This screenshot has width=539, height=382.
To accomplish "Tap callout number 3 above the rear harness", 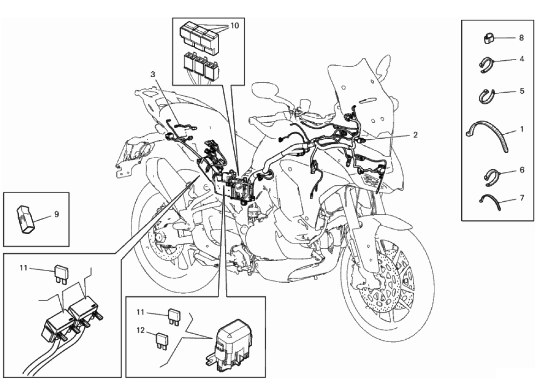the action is click(x=153, y=74).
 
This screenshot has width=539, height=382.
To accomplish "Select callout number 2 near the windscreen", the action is click(x=415, y=135).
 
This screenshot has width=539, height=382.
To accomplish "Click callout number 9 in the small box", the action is click(x=56, y=215).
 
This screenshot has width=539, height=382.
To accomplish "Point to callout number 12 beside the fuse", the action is click(x=141, y=331).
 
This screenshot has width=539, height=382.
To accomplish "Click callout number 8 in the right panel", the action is click(x=521, y=38).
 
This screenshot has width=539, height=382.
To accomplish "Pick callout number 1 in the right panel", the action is click(x=522, y=129).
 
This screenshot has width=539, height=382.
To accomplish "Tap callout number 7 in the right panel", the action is click(x=522, y=198).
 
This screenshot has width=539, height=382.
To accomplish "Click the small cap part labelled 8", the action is click(x=488, y=38).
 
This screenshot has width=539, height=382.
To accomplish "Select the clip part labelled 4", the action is click(x=487, y=65).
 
